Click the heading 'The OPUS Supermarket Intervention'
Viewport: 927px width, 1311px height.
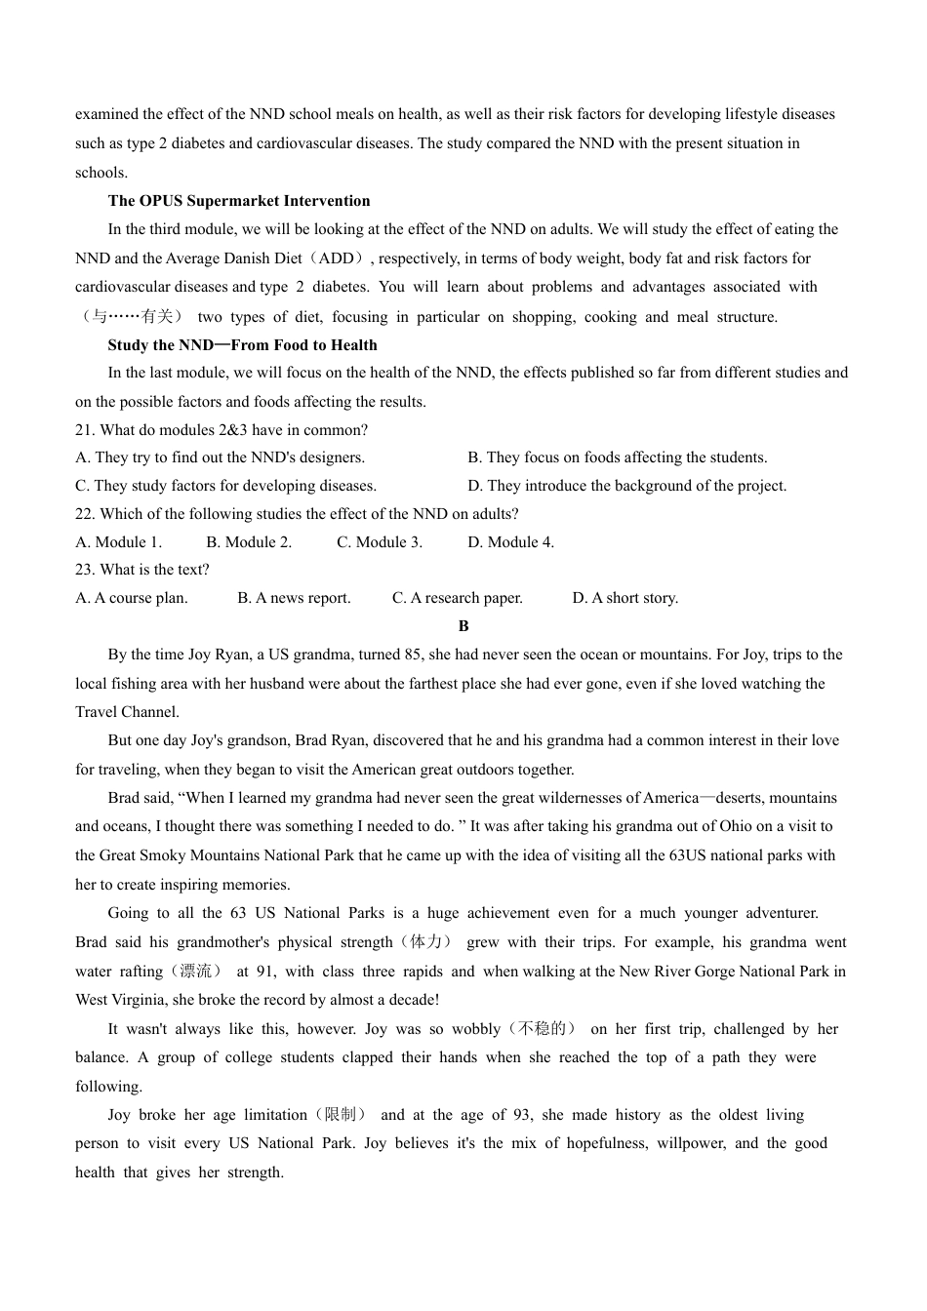coord(239,201)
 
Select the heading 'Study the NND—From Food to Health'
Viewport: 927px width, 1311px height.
coord(242,345)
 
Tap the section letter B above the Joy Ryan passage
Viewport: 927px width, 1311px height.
coord(463,626)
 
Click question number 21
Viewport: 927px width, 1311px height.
coord(84,430)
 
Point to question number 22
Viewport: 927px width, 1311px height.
coord(84,514)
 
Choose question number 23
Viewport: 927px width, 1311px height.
coord(84,570)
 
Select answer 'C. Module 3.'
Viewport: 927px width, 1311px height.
coord(380,542)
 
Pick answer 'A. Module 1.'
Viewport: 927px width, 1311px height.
coord(118,542)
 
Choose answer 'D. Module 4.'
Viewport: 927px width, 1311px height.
coord(510,542)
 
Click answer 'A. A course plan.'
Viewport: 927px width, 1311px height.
coord(132,598)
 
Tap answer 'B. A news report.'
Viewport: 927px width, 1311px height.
coord(294,598)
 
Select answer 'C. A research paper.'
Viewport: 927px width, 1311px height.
coord(458,598)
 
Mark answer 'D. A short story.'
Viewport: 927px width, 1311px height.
coord(625,598)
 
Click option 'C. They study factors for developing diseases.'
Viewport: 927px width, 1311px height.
coord(225,486)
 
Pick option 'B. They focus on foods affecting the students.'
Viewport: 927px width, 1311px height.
coord(617,457)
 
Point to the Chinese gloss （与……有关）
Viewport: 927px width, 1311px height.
coord(130,317)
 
